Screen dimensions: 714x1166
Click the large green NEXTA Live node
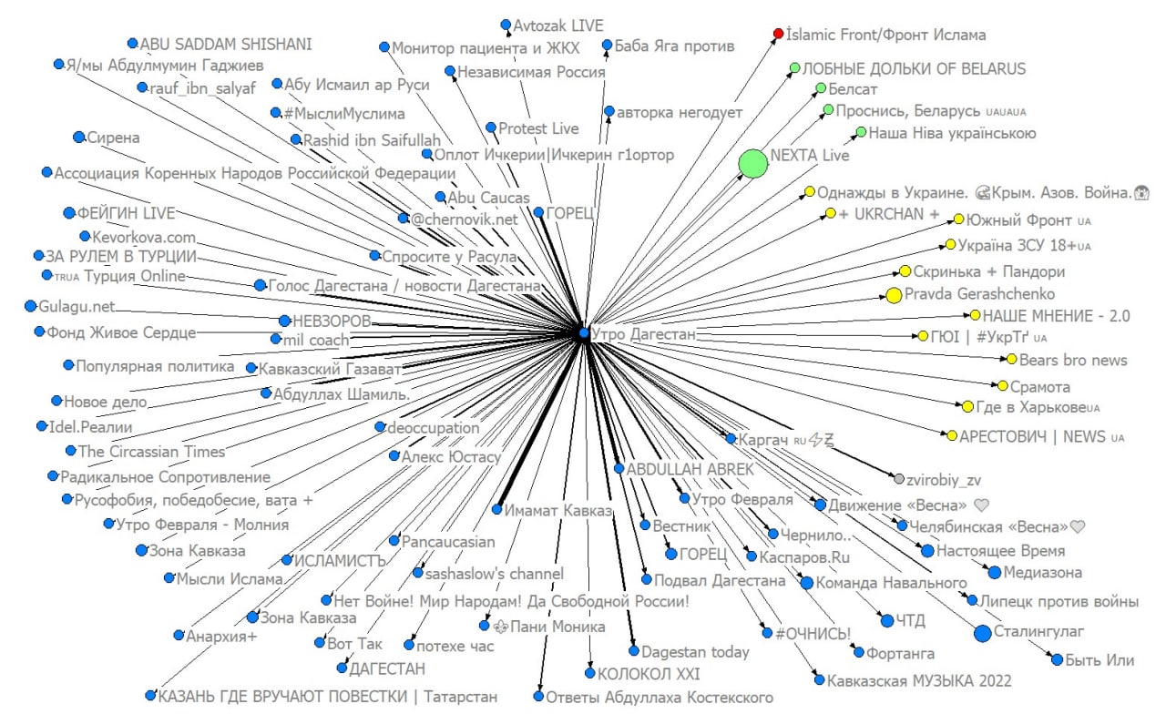point(753,164)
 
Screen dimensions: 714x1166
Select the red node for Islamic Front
point(778,34)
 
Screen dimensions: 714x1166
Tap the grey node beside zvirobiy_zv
point(899,479)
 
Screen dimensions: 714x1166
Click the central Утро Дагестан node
point(584,334)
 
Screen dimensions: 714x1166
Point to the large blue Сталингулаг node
point(982,634)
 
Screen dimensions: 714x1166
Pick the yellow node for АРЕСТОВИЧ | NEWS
point(952,436)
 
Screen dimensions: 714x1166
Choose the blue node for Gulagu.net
point(30,306)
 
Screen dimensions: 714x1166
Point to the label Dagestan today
point(695,651)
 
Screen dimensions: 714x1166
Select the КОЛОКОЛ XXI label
point(648,675)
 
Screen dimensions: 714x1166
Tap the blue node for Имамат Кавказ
point(497,510)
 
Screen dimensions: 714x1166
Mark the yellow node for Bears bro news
point(1011,360)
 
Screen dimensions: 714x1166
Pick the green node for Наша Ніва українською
point(861,133)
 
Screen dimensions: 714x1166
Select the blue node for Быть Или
point(1057,659)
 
